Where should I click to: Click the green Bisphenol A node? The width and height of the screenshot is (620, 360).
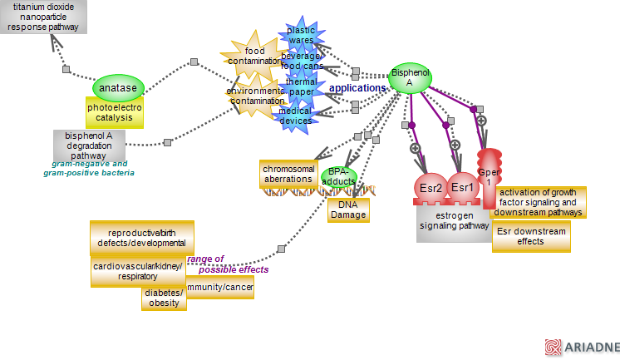click(x=410, y=77)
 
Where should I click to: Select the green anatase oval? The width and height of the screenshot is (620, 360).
click(x=118, y=87)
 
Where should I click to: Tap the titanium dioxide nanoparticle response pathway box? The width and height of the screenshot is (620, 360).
click(x=44, y=17)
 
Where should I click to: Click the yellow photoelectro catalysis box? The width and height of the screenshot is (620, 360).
click(x=116, y=111)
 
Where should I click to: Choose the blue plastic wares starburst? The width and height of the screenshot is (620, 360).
click(x=300, y=35)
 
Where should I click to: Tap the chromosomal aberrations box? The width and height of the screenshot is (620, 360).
click(x=288, y=174)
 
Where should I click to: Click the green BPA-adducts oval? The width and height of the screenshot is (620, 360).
click(x=338, y=175)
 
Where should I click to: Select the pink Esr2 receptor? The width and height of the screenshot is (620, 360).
click(x=431, y=189)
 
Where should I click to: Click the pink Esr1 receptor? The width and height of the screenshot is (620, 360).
click(x=462, y=189)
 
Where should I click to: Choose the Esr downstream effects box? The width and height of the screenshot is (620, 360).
click(x=530, y=236)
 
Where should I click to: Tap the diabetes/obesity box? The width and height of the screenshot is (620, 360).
click(x=164, y=298)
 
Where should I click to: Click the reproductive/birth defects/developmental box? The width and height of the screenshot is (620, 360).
click(x=141, y=238)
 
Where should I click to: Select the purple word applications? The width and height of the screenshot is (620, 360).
click(x=357, y=86)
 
